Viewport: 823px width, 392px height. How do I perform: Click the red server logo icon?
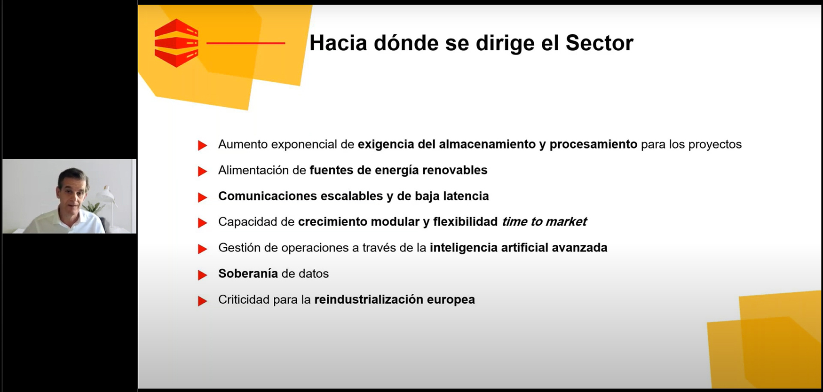click(176, 43)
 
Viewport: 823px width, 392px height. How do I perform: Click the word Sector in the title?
click(599, 43)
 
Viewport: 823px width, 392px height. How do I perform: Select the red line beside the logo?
click(245, 43)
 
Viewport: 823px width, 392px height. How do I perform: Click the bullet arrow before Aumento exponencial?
click(203, 145)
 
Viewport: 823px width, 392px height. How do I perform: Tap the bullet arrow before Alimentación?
click(203, 171)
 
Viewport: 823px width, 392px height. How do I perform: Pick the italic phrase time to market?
click(544, 222)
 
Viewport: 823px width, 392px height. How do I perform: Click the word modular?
click(395, 222)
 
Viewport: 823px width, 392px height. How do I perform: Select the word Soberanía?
click(248, 274)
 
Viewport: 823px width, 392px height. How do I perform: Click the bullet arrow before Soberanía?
click(203, 274)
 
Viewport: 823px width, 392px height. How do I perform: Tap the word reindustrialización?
click(369, 299)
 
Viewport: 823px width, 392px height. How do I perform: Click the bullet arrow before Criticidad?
click(203, 301)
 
